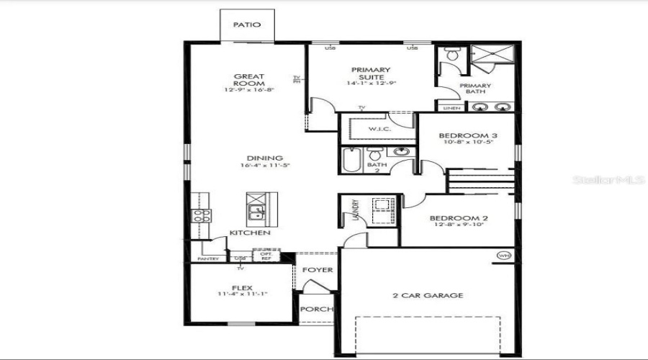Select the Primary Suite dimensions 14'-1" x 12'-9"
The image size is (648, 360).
click(372, 84)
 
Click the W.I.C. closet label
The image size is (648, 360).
click(379, 129)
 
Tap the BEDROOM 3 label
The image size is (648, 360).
click(469, 135)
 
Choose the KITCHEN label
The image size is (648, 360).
click(250, 233)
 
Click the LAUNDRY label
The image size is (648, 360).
click(355, 209)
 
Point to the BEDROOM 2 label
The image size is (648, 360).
click(459, 218)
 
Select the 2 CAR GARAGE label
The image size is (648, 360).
click(427, 295)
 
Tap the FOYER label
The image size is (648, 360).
click(317, 270)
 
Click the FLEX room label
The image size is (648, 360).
click(240, 287)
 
